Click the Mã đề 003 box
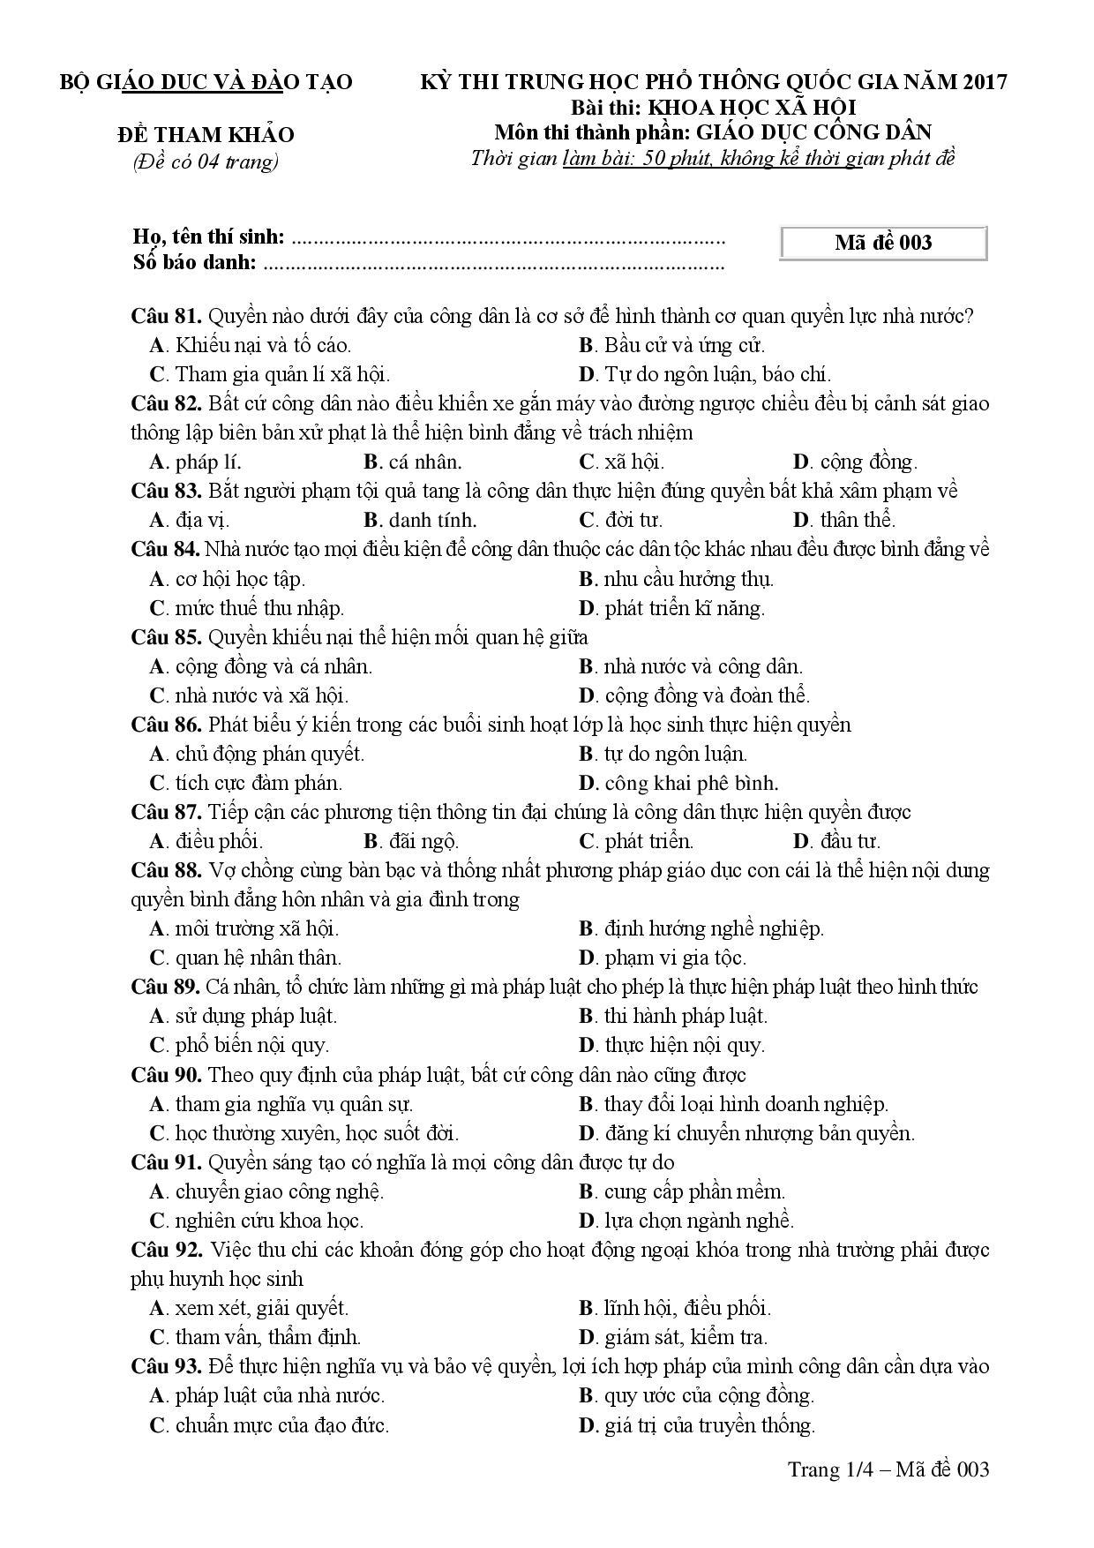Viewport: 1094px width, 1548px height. coord(883,243)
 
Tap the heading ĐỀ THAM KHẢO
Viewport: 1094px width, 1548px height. coord(206,135)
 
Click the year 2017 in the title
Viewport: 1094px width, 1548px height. coord(985,82)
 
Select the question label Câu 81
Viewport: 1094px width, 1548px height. coord(167,316)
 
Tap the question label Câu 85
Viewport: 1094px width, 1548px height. coord(167,637)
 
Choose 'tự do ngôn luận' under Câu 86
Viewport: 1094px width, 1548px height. coord(675,754)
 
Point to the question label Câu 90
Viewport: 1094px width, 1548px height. coord(167,1075)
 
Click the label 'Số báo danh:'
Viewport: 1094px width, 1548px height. coord(194,262)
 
